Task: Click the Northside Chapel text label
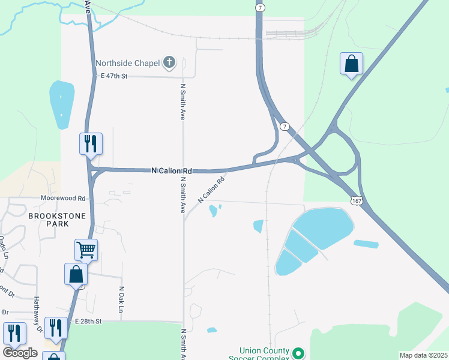(x=128, y=62)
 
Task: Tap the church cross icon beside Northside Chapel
(x=169, y=62)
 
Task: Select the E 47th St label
(x=115, y=76)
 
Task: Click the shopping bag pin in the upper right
(x=351, y=64)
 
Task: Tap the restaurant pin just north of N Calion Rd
(x=91, y=144)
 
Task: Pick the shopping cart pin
(x=86, y=250)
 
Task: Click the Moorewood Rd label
(x=63, y=197)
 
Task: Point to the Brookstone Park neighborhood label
(x=56, y=220)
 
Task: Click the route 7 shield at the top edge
(x=260, y=7)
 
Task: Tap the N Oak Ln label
(x=121, y=299)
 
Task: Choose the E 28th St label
(x=88, y=322)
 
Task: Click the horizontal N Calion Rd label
(x=172, y=170)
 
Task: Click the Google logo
(x=20, y=353)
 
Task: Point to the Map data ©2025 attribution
(x=423, y=355)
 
